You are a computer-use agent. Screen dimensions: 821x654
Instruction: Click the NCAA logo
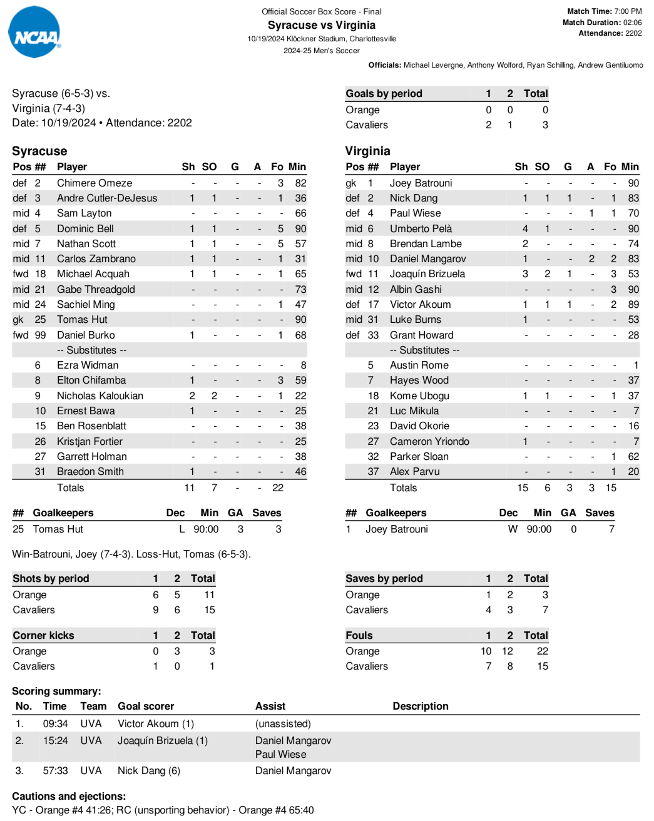[35, 33]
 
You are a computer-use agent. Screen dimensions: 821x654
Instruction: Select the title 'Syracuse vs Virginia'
[322, 25]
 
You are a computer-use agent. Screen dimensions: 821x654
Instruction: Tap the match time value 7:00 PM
[628, 11]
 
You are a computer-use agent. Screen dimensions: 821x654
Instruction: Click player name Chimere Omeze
[95, 183]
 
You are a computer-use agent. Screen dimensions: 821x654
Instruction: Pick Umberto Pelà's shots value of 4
[525, 228]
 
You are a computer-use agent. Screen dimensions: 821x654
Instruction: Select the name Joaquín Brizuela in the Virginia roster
[427, 273]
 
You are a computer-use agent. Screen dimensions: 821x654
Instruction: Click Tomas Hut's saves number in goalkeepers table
[278, 529]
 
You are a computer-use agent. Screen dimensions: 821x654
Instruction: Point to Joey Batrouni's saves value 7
[611, 529]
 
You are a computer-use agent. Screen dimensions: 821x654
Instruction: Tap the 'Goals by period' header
[384, 93]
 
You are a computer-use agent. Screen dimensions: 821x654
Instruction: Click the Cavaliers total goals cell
[545, 125]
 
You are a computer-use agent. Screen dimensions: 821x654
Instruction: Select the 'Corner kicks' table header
[43, 635]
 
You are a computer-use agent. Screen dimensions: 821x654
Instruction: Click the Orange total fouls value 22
[542, 651]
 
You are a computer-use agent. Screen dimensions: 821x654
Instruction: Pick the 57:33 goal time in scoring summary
[55, 770]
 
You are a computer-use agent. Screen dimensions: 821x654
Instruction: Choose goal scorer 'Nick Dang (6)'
[149, 770]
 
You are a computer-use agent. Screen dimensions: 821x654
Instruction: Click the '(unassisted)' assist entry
[283, 723]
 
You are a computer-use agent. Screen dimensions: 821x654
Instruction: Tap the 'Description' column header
[421, 706]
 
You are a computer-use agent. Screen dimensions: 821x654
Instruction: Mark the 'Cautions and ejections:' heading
[69, 796]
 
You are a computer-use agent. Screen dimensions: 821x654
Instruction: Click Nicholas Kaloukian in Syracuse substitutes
[100, 395]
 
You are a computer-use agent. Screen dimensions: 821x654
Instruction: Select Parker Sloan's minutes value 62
[633, 456]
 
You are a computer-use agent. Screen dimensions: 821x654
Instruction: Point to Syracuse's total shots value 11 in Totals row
[189, 487]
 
